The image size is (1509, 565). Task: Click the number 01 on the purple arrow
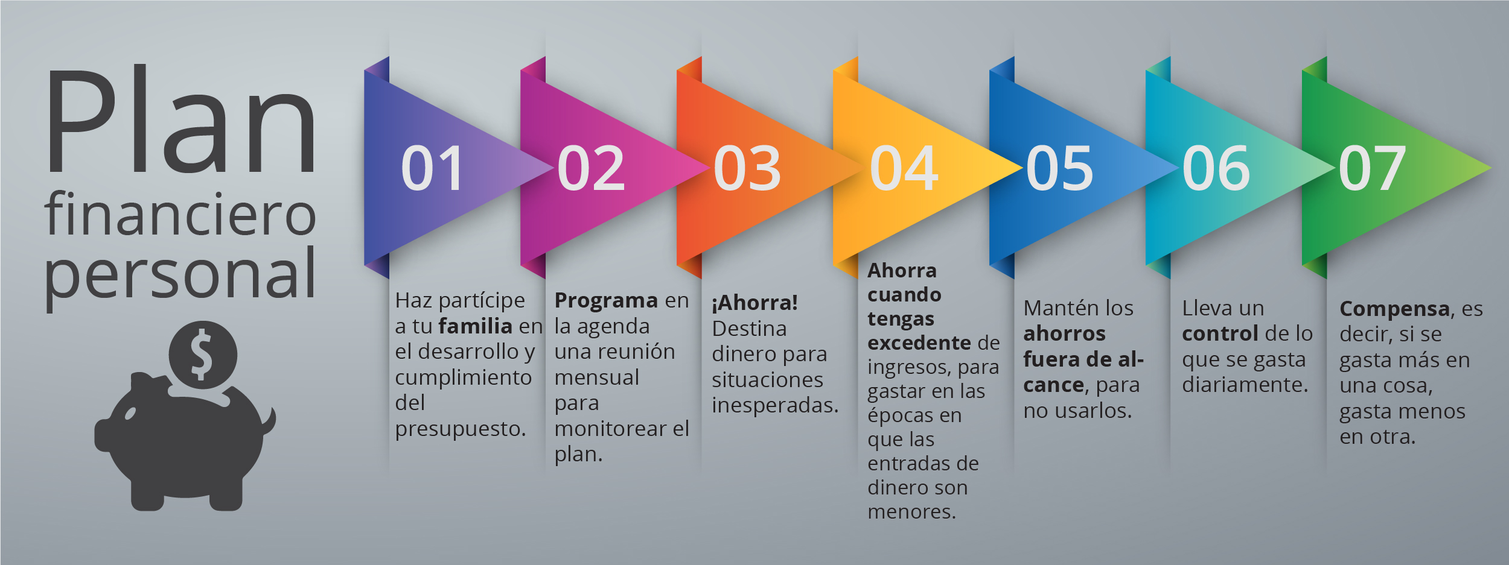coord(432,168)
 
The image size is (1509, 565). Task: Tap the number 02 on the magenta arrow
coord(591,168)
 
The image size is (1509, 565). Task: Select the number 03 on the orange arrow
coord(747,168)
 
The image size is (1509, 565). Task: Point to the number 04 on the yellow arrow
coord(904,168)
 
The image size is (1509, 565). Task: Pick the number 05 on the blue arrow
coord(1060,168)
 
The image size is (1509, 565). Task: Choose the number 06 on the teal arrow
coord(1216,168)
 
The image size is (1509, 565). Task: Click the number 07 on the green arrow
coord(1373,168)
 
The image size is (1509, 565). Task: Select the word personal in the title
coord(180,278)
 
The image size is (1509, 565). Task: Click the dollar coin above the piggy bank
coord(202,355)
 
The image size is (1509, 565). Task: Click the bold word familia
coord(475,326)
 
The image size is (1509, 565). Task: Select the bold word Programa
coord(606,301)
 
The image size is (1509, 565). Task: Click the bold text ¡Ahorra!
coord(754,303)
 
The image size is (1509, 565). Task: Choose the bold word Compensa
coord(1394,309)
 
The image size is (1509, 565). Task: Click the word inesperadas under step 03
coord(775,405)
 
